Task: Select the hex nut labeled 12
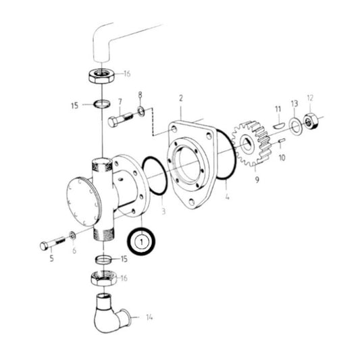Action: point(311,122)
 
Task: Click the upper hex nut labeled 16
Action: point(101,75)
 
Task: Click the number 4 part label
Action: point(227,197)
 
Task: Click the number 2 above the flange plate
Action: point(180,99)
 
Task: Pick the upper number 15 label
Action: point(84,105)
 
